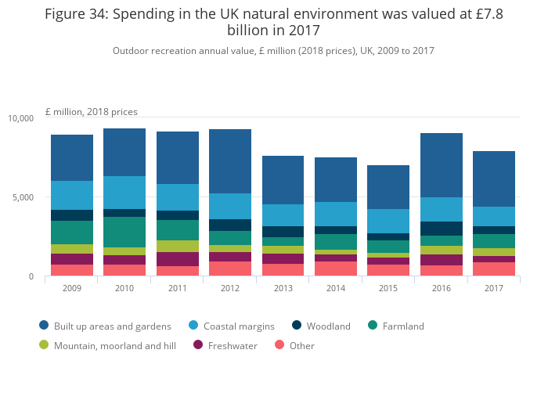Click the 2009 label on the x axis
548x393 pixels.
(71, 287)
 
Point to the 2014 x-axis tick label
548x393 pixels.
(336, 287)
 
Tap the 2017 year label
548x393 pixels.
(494, 287)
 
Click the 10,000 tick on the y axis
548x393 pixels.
(21, 118)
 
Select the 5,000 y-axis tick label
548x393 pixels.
(23, 197)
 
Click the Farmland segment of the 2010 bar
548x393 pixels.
(124, 232)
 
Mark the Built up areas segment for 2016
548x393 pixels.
(442, 165)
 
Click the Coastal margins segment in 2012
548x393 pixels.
(230, 206)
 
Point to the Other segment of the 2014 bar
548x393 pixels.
(336, 269)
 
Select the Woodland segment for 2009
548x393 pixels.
(71, 215)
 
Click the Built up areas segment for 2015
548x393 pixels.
(388, 187)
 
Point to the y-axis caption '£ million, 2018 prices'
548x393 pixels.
(92, 112)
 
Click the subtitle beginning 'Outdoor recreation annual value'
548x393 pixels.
(273, 51)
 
